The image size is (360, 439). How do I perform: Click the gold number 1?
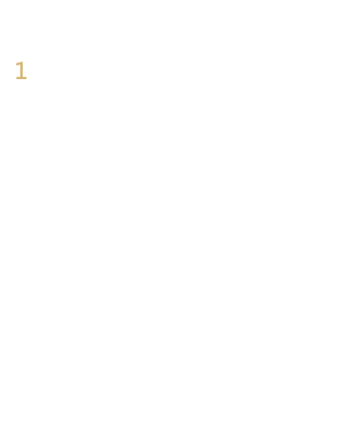21,70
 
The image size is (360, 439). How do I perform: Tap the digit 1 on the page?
21,70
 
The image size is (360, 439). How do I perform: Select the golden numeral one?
21,70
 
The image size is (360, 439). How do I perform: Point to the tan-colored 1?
21,70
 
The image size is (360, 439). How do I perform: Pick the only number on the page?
21,70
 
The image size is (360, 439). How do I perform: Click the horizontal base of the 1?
21,78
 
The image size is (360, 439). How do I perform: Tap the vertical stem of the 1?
21,70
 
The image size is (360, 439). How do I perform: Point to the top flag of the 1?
18,64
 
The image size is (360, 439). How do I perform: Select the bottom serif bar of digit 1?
21,78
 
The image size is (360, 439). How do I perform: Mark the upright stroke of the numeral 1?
21,70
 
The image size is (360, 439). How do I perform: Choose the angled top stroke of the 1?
18,64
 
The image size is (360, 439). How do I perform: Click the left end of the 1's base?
16,78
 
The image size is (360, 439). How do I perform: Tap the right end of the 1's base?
27,78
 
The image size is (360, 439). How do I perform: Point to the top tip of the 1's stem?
22,62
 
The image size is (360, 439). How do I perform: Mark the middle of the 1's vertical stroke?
21,70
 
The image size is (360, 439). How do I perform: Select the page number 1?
21,70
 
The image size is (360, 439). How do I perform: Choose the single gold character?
21,70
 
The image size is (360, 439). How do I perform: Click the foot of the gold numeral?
21,78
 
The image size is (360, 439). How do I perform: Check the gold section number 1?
21,70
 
